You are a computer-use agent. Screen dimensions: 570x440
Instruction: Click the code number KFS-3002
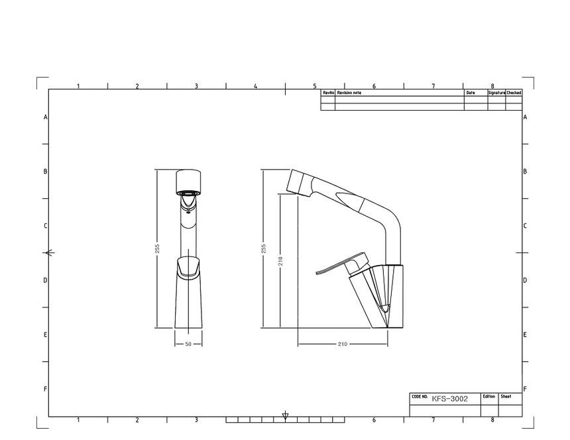coord(449,399)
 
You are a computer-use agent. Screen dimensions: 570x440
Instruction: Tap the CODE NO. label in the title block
coord(420,397)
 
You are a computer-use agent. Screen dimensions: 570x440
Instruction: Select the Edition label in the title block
coord(489,396)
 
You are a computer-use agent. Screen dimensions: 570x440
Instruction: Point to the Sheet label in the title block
coord(506,396)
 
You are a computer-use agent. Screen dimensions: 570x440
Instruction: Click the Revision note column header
coord(349,93)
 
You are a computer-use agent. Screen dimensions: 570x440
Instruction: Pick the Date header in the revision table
coord(471,93)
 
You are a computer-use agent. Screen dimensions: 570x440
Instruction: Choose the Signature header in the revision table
coord(496,93)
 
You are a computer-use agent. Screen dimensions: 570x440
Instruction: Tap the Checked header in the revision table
coord(514,93)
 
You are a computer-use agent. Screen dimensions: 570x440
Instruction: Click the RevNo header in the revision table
coord(328,93)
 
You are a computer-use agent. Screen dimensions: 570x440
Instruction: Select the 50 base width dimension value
coord(188,344)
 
